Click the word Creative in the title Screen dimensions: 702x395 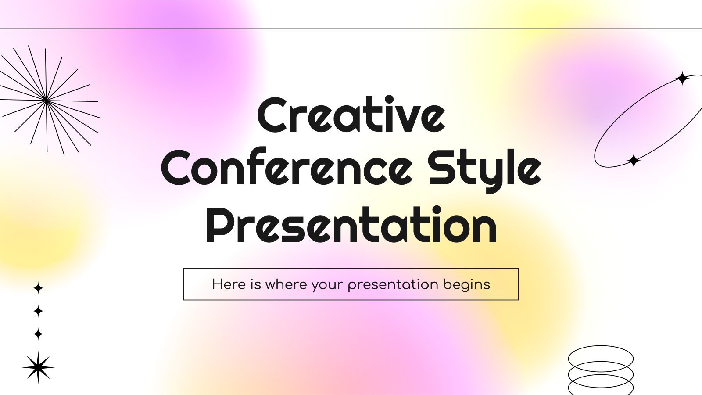point(351,114)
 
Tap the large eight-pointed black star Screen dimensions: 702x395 point(38,367)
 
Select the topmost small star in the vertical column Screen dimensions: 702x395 point(38,288)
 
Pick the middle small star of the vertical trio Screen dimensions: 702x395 point(38,311)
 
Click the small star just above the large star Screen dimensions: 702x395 point(38,334)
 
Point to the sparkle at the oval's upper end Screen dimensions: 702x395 point(682,78)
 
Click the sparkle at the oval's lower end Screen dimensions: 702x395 point(634,161)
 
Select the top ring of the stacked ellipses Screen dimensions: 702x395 point(601,346)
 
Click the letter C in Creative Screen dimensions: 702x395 point(272,115)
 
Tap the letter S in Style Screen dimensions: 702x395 point(442,169)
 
